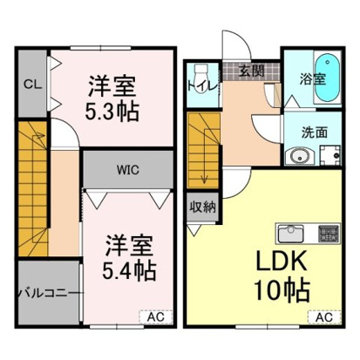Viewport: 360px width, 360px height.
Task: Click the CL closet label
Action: (30, 84)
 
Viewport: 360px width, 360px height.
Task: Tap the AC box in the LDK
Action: (323, 317)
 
